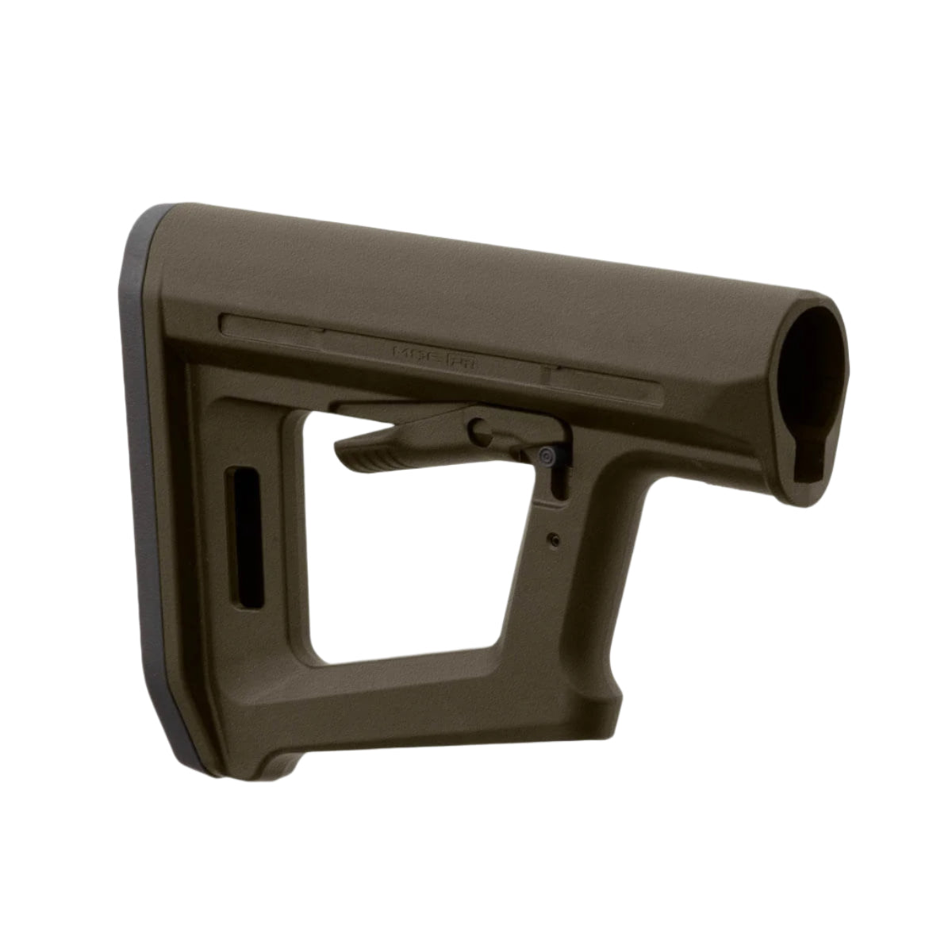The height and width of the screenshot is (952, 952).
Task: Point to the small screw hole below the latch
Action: click(x=553, y=539)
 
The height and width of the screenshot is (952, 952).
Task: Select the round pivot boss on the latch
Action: click(x=480, y=430)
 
